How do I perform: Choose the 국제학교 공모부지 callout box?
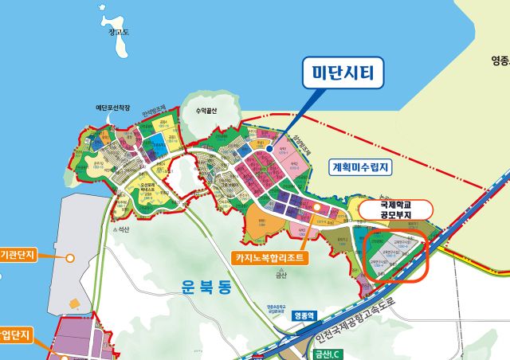pyautogui.click(x=394, y=209)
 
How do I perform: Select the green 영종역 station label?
pyautogui.click(x=304, y=315)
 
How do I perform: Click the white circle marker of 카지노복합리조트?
pyautogui.click(x=316, y=207)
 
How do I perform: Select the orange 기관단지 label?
pyautogui.click(x=22, y=257)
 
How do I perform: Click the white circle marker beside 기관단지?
pyautogui.click(x=70, y=257)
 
